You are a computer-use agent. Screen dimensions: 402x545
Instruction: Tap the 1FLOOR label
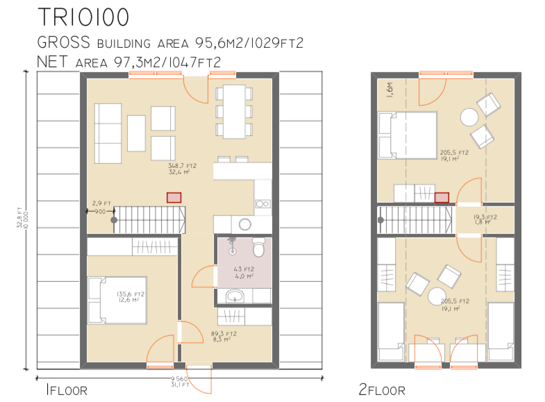click(x=66, y=390)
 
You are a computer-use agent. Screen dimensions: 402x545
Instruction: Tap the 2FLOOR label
click(x=381, y=390)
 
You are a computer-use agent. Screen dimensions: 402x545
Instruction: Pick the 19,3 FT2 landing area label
click(x=485, y=220)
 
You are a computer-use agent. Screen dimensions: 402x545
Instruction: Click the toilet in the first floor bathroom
click(x=257, y=246)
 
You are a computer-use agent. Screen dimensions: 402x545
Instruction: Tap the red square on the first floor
click(x=174, y=197)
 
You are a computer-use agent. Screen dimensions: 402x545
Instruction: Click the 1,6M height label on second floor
click(x=389, y=90)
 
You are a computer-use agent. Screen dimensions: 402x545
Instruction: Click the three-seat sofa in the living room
click(x=108, y=131)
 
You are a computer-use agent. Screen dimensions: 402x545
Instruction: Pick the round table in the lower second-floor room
click(x=437, y=295)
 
